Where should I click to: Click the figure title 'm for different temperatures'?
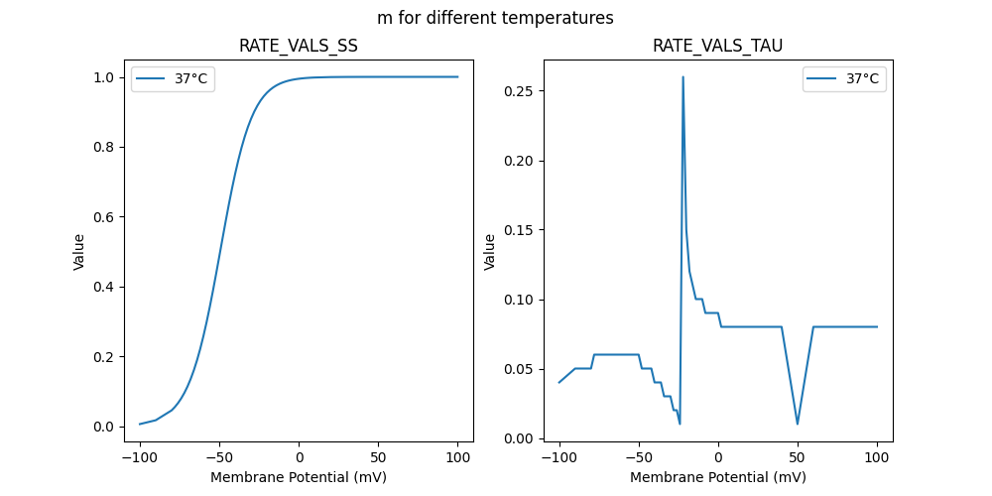pyautogui.click(x=495, y=18)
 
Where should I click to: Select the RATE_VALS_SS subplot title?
pyautogui.click(x=298, y=47)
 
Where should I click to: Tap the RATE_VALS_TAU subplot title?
pyautogui.click(x=717, y=47)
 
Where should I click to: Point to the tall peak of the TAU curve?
pyautogui.click(x=682, y=77)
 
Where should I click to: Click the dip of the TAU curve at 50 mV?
pyautogui.click(x=798, y=424)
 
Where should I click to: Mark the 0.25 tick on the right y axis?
pyautogui.click(x=522, y=91)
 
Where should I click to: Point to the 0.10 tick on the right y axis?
pyautogui.click(x=522, y=300)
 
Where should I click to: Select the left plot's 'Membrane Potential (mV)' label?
pyautogui.click(x=298, y=477)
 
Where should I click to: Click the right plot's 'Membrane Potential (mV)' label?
pyautogui.click(x=717, y=477)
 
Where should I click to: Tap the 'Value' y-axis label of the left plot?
pyautogui.click(x=79, y=251)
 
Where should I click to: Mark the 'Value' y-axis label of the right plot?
pyautogui.click(x=489, y=251)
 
